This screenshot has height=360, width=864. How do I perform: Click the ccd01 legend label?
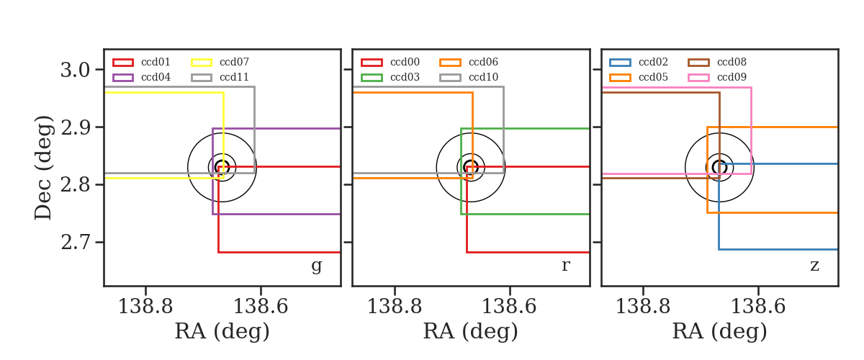[x=156, y=62]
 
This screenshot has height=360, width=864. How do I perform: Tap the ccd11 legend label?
[x=234, y=77]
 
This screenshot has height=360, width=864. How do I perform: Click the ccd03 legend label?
[x=405, y=77]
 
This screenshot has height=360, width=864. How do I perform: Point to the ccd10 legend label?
[x=483, y=77]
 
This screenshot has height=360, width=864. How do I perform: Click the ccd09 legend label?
[x=732, y=77]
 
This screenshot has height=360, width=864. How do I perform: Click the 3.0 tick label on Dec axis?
[x=75, y=71]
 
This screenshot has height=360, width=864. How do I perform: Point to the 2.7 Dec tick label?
[x=75, y=243]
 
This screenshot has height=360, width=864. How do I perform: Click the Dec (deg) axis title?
[x=42, y=168]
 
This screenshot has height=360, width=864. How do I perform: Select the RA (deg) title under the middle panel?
[x=471, y=331]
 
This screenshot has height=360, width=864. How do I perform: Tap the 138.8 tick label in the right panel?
[x=643, y=307]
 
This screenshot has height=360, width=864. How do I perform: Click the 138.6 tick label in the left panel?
[x=261, y=307]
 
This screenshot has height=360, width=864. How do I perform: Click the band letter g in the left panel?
[x=316, y=266]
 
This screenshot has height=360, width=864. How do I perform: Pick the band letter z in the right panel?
[x=814, y=266]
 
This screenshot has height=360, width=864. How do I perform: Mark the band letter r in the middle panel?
[x=565, y=266]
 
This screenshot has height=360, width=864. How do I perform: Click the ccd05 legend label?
[x=653, y=77]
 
